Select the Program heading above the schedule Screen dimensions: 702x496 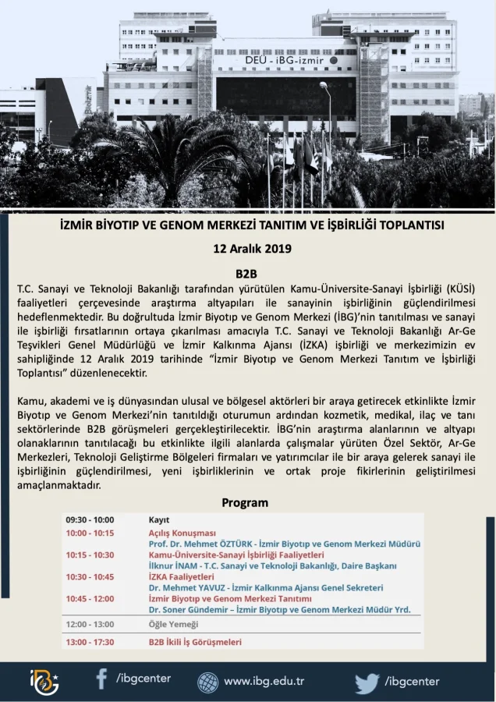pos(245,502)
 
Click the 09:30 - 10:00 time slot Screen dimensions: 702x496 pos(90,519)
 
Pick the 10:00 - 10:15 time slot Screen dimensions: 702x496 pos(90,533)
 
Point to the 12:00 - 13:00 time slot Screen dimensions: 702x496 pos(90,624)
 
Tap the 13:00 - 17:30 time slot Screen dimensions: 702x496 pos(90,642)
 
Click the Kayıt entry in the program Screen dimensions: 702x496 pos(159,519)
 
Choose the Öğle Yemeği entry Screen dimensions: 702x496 pos(174,624)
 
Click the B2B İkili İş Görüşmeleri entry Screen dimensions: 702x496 pos(195,642)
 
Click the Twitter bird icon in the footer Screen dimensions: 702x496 pos(367,682)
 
